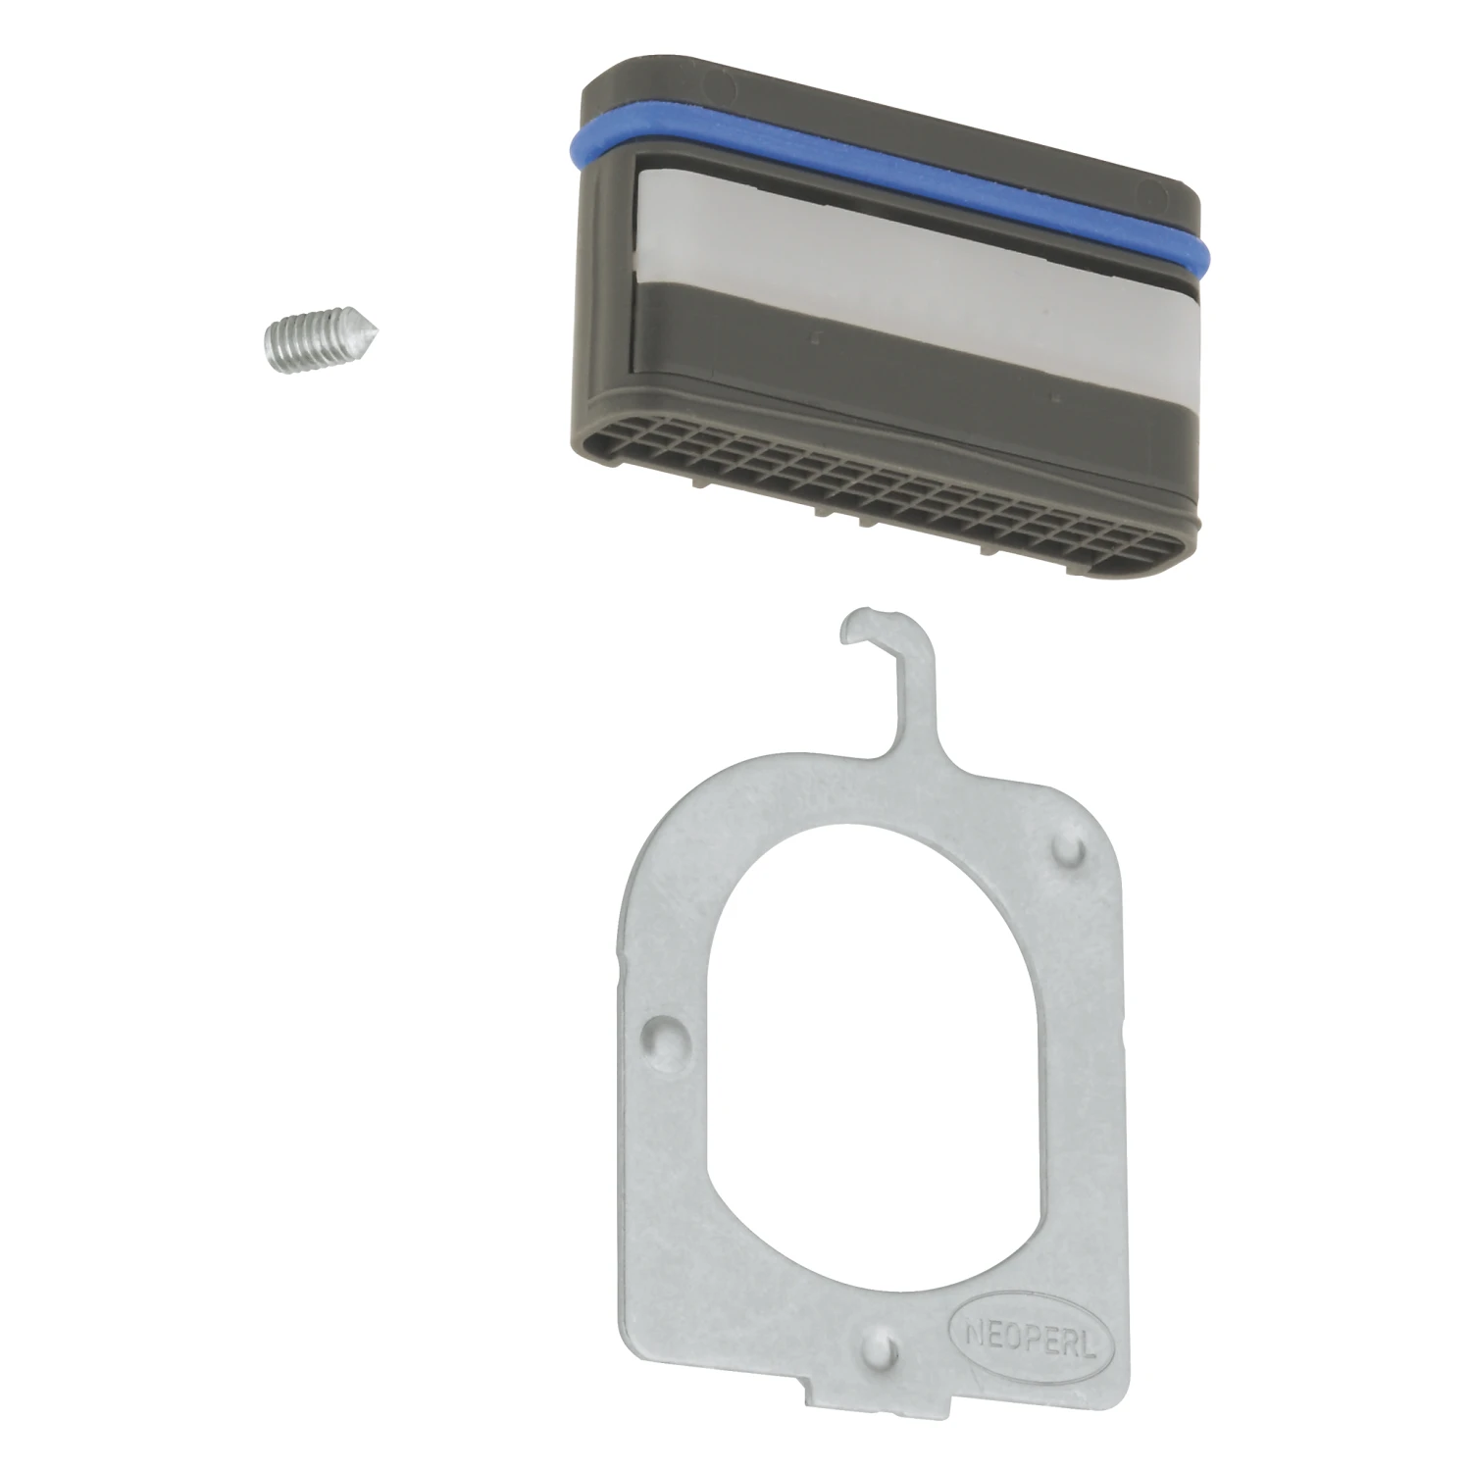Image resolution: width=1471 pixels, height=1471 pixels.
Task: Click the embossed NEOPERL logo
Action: point(1024,1334)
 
